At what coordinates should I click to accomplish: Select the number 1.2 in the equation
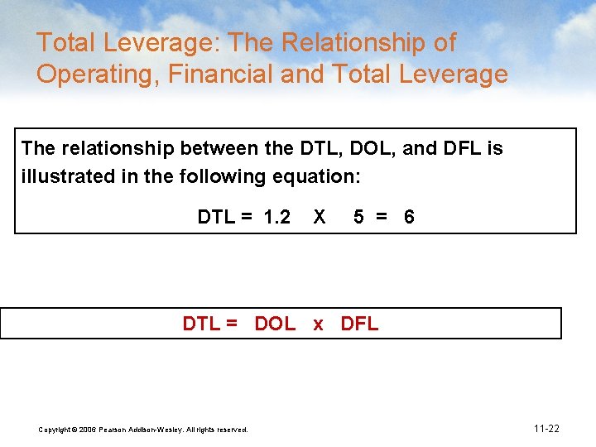pyautogui.click(x=276, y=218)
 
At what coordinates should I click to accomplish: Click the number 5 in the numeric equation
pyautogui.click(x=358, y=218)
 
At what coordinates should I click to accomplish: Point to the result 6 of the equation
pyautogui.click(x=409, y=218)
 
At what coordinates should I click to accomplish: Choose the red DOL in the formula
pyautogui.click(x=275, y=324)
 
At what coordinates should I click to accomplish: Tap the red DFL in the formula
pyautogui.click(x=359, y=324)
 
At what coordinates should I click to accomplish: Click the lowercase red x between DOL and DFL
pyautogui.click(x=319, y=324)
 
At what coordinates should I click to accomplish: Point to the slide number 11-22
pyautogui.click(x=546, y=429)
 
